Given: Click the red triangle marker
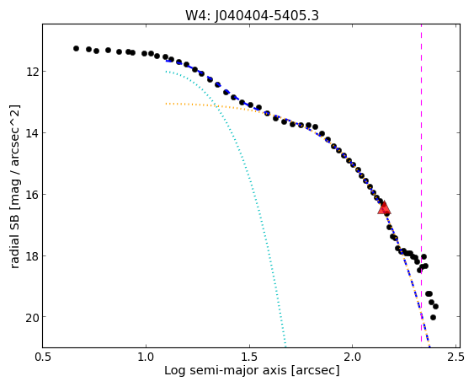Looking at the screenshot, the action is tap(384, 208).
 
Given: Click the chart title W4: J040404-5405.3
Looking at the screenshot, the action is tap(252, 16).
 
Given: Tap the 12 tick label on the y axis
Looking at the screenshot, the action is tap(31, 72).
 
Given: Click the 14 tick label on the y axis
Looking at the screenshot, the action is tap(31, 133).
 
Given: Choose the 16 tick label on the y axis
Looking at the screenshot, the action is tap(31, 195).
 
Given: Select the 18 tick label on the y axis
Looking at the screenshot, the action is tap(31, 255).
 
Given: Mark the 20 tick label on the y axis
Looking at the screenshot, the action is tap(31, 317).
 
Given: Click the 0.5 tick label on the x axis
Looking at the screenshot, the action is tap(43, 357).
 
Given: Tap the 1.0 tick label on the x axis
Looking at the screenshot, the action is tap(146, 357).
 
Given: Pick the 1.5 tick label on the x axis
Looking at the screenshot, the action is tap(249, 357).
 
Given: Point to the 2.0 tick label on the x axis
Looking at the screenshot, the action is tap(353, 357).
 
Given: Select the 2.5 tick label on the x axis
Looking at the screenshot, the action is tap(455, 357).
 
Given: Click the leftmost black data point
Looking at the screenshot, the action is tap(76, 48).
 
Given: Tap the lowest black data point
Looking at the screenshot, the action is tap(433, 317).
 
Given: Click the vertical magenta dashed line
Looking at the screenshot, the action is tap(422, 186).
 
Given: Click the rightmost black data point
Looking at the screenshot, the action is tap(435, 306).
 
